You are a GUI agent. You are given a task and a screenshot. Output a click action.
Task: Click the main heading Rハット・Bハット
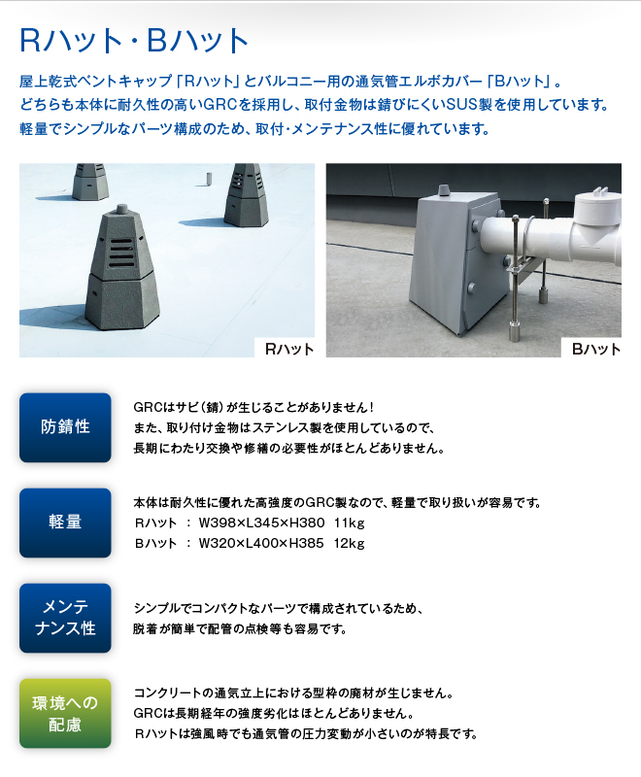pos(135,41)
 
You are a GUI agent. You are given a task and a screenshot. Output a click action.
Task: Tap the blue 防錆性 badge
pos(65,426)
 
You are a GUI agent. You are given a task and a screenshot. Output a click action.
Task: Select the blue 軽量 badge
pos(65,523)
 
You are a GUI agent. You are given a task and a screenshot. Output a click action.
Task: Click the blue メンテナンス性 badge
pos(65,618)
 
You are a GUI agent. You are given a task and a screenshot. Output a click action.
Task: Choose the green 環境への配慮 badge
pos(65,713)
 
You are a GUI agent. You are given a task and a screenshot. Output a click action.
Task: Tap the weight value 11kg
pos(349,523)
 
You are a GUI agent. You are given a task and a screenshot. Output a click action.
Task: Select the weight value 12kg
pos(349,542)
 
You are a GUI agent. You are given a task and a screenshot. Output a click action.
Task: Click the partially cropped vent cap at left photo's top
pos(89,181)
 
